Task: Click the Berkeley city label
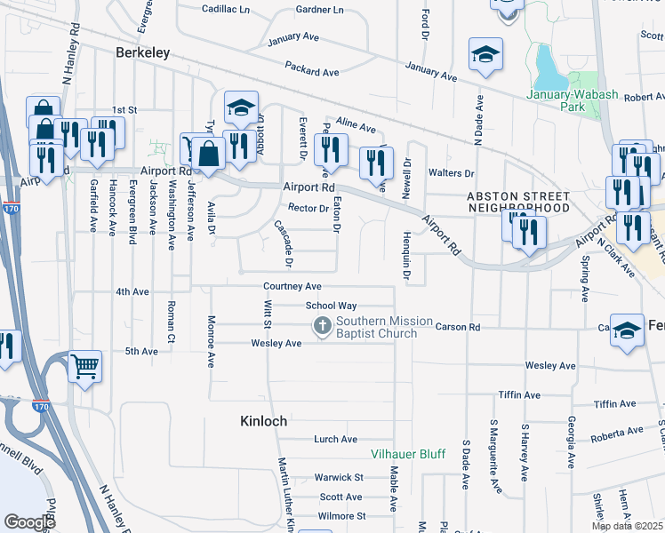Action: pyautogui.click(x=143, y=53)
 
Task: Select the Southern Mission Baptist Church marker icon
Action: pyautogui.click(x=322, y=328)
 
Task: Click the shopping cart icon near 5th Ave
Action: pyautogui.click(x=84, y=365)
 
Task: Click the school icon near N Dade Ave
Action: pyautogui.click(x=485, y=55)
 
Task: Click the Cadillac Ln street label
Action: pyautogui.click(x=226, y=9)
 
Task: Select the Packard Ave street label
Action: pyautogui.click(x=312, y=69)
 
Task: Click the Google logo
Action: pyautogui.click(x=29, y=522)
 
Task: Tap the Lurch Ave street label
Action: pyautogui.click(x=335, y=439)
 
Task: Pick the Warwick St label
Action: pyautogui.click(x=339, y=477)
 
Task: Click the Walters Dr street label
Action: pyautogui.click(x=451, y=173)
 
